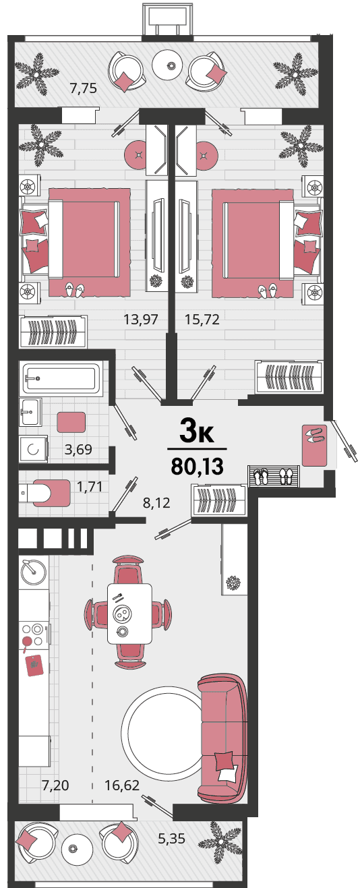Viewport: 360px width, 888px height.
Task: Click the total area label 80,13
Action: coord(198,466)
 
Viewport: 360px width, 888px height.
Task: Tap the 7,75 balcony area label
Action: coord(84,88)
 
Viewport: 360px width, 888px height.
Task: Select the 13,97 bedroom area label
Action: coord(141,319)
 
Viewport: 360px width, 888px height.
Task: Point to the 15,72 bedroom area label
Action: coord(202,319)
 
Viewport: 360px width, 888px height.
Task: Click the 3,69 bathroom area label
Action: coord(78,449)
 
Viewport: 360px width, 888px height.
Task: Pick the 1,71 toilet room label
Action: coord(90,486)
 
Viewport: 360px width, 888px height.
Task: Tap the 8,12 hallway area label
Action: coord(156,503)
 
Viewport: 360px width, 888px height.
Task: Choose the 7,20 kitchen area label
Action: coord(55,785)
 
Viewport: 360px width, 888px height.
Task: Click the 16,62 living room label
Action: coord(122,785)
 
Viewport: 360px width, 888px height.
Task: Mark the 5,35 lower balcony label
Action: coord(172,839)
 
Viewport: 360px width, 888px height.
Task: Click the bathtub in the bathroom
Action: coord(61,378)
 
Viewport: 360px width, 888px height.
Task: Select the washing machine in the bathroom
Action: coord(34,449)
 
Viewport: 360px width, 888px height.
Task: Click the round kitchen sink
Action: coord(34,572)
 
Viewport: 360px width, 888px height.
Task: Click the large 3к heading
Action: coord(197,432)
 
